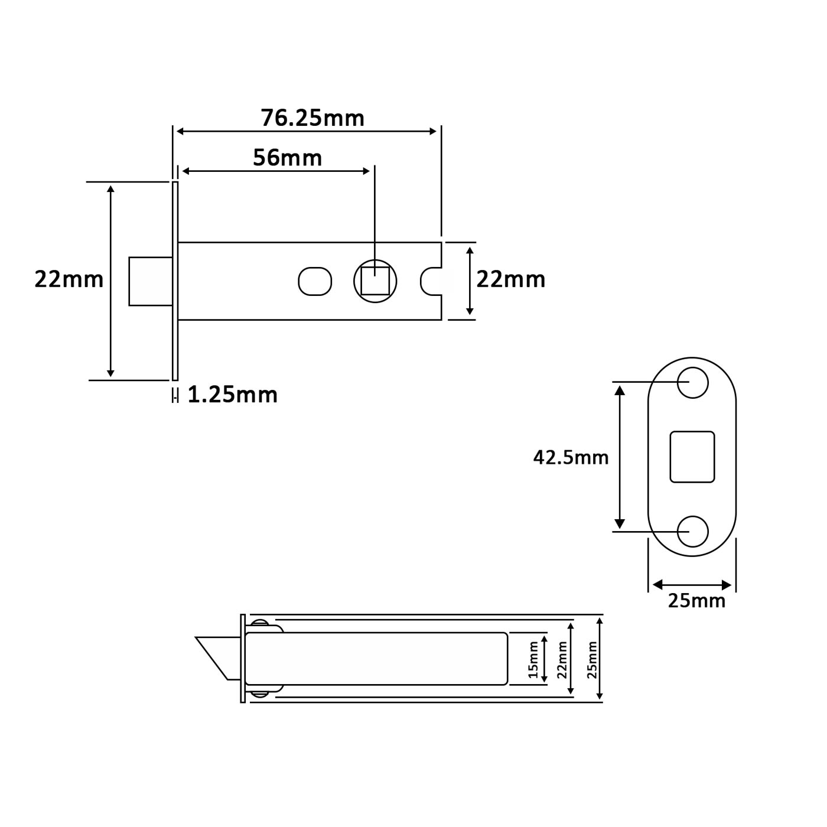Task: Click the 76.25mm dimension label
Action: click(312, 118)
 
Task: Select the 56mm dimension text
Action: click(287, 158)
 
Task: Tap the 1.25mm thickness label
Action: click(232, 395)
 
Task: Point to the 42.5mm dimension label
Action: click(571, 457)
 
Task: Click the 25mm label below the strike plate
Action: click(696, 601)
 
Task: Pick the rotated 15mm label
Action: click(533, 659)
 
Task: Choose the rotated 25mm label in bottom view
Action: click(592, 659)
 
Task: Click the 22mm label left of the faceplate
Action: click(69, 279)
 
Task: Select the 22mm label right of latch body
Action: click(510, 279)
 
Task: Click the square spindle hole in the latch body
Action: click(375, 281)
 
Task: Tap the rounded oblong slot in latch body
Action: click(315, 281)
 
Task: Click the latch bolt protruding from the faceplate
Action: click(151, 281)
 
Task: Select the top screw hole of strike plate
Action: click(692, 382)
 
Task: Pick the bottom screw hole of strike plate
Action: click(692, 531)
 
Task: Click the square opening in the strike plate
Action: click(692, 457)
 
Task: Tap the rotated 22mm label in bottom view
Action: click(562, 659)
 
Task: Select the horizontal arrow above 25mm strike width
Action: click(692, 585)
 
